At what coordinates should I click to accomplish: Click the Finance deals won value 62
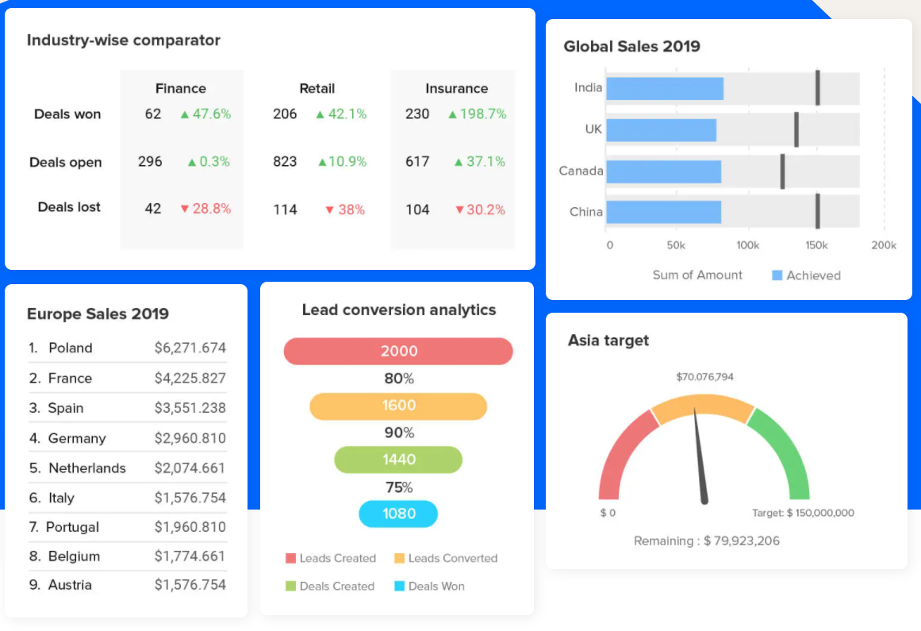[152, 114]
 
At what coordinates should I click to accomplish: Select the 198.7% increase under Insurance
[477, 114]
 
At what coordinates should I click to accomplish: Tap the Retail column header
[317, 89]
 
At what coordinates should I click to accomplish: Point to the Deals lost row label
[69, 207]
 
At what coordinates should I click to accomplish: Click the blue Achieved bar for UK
[661, 129]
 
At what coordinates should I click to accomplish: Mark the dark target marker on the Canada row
[782, 171]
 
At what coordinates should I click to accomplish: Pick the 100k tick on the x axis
[747, 246]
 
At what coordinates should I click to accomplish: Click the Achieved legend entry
[806, 275]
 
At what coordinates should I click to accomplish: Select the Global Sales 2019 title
[631, 47]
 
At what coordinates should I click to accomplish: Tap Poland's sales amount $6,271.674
[190, 348]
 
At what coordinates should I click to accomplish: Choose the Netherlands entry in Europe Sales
[86, 468]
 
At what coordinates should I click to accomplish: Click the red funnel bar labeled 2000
[398, 352]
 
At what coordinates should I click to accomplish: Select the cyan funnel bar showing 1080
[398, 514]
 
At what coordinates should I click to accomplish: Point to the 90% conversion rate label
[399, 433]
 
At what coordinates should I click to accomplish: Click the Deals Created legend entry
[329, 587]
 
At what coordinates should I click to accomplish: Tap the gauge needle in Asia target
[700, 456]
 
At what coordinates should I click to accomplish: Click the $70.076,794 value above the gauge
[704, 377]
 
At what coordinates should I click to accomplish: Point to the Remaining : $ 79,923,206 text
[706, 541]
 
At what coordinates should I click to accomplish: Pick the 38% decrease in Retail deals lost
[345, 210]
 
